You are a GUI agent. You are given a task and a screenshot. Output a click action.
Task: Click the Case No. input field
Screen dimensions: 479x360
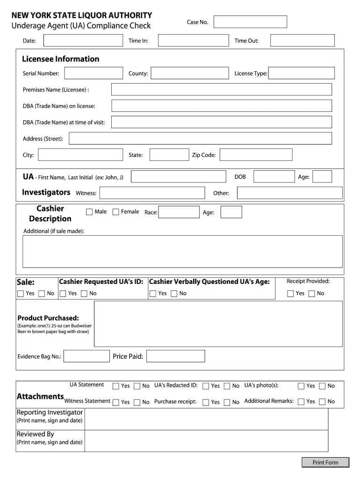(x=250, y=22)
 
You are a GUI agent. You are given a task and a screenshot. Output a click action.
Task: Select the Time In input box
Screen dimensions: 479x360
(x=191, y=41)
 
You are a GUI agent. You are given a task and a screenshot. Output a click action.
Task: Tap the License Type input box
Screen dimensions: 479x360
(x=302, y=73)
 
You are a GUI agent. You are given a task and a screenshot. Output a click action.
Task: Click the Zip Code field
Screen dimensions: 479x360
(x=256, y=155)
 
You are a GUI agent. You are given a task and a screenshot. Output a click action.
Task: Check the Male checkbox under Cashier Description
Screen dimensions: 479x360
(x=89, y=212)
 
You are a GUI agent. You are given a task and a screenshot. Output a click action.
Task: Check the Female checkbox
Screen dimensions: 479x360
(x=116, y=212)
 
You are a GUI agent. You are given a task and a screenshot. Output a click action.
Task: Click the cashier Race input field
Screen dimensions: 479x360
(x=179, y=212)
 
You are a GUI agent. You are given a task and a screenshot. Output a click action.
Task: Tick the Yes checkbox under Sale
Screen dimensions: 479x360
(x=21, y=294)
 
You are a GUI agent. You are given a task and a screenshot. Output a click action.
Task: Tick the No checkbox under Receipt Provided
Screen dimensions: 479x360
(x=311, y=294)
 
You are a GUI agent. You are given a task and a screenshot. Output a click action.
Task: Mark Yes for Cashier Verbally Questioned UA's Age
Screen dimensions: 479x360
(x=153, y=294)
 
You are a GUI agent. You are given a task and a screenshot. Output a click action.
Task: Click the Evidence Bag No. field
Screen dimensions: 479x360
(x=86, y=356)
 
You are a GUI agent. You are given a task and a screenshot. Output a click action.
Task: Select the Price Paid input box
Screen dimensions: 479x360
(x=175, y=356)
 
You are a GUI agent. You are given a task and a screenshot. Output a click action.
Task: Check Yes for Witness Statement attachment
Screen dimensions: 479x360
(x=116, y=402)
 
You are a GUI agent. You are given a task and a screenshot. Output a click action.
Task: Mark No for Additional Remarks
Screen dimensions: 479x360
(x=322, y=401)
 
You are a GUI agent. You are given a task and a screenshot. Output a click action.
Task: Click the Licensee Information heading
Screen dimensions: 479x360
(x=61, y=59)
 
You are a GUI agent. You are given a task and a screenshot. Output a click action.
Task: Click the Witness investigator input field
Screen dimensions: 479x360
(x=152, y=193)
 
